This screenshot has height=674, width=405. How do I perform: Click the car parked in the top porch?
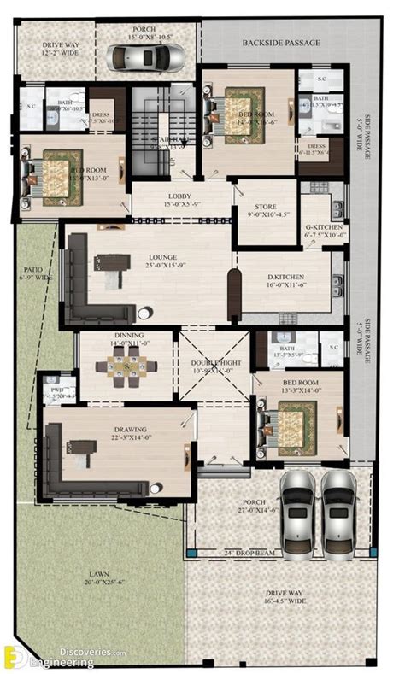pos(158,57)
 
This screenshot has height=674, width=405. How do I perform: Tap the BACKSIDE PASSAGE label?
pos(281,42)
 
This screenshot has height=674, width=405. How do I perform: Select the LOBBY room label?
pos(179,196)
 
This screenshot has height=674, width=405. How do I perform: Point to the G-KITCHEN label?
pos(324,228)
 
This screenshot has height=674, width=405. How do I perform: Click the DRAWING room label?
pos(130,429)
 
